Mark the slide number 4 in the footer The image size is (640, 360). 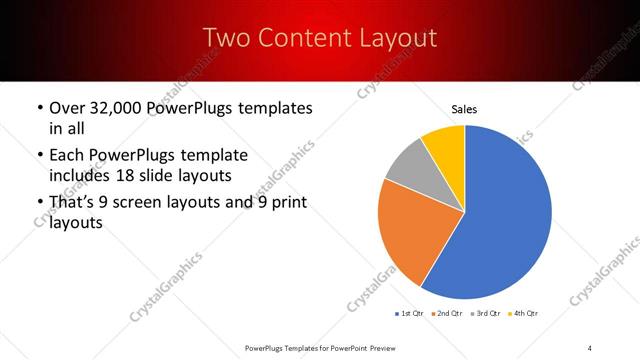click(589, 347)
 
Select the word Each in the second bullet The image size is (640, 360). click(67, 156)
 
